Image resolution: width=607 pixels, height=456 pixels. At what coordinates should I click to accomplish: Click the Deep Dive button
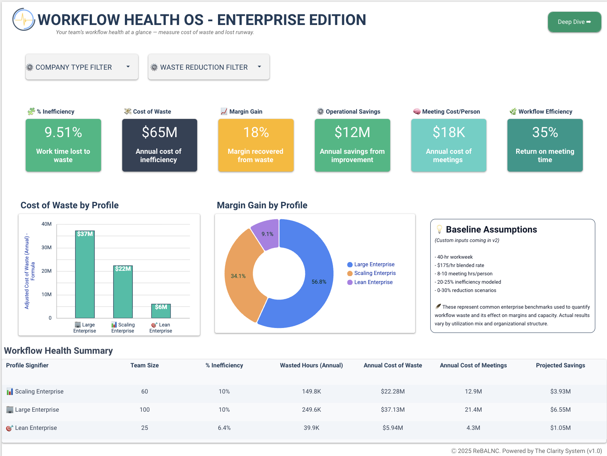click(574, 22)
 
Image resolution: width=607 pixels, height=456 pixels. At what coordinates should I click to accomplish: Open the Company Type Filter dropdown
click(81, 67)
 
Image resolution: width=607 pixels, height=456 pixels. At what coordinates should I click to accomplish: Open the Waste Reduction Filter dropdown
click(209, 67)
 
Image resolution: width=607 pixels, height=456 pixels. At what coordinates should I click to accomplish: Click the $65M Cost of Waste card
click(159, 145)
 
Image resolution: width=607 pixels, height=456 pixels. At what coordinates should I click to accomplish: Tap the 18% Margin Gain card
click(255, 145)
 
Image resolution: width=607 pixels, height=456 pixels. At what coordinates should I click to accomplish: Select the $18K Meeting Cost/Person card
click(448, 145)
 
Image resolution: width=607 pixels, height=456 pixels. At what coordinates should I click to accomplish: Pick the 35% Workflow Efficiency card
click(545, 145)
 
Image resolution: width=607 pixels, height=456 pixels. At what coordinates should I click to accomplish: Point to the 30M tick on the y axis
click(47, 248)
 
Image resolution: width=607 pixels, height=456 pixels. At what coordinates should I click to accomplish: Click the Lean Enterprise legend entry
click(373, 282)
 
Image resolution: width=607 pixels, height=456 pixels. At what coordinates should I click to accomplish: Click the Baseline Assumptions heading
click(491, 230)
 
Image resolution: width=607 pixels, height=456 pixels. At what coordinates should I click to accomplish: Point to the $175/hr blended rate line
click(460, 265)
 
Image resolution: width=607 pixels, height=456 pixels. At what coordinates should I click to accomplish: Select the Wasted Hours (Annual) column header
click(311, 365)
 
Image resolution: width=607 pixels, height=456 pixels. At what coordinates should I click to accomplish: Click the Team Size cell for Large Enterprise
click(145, 410)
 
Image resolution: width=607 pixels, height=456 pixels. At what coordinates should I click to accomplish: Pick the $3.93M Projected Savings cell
click(560, 392)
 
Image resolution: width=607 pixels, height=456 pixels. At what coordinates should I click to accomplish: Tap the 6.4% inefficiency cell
click(224, 428)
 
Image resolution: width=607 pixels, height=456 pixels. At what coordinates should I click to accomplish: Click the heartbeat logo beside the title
click(23, 19)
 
